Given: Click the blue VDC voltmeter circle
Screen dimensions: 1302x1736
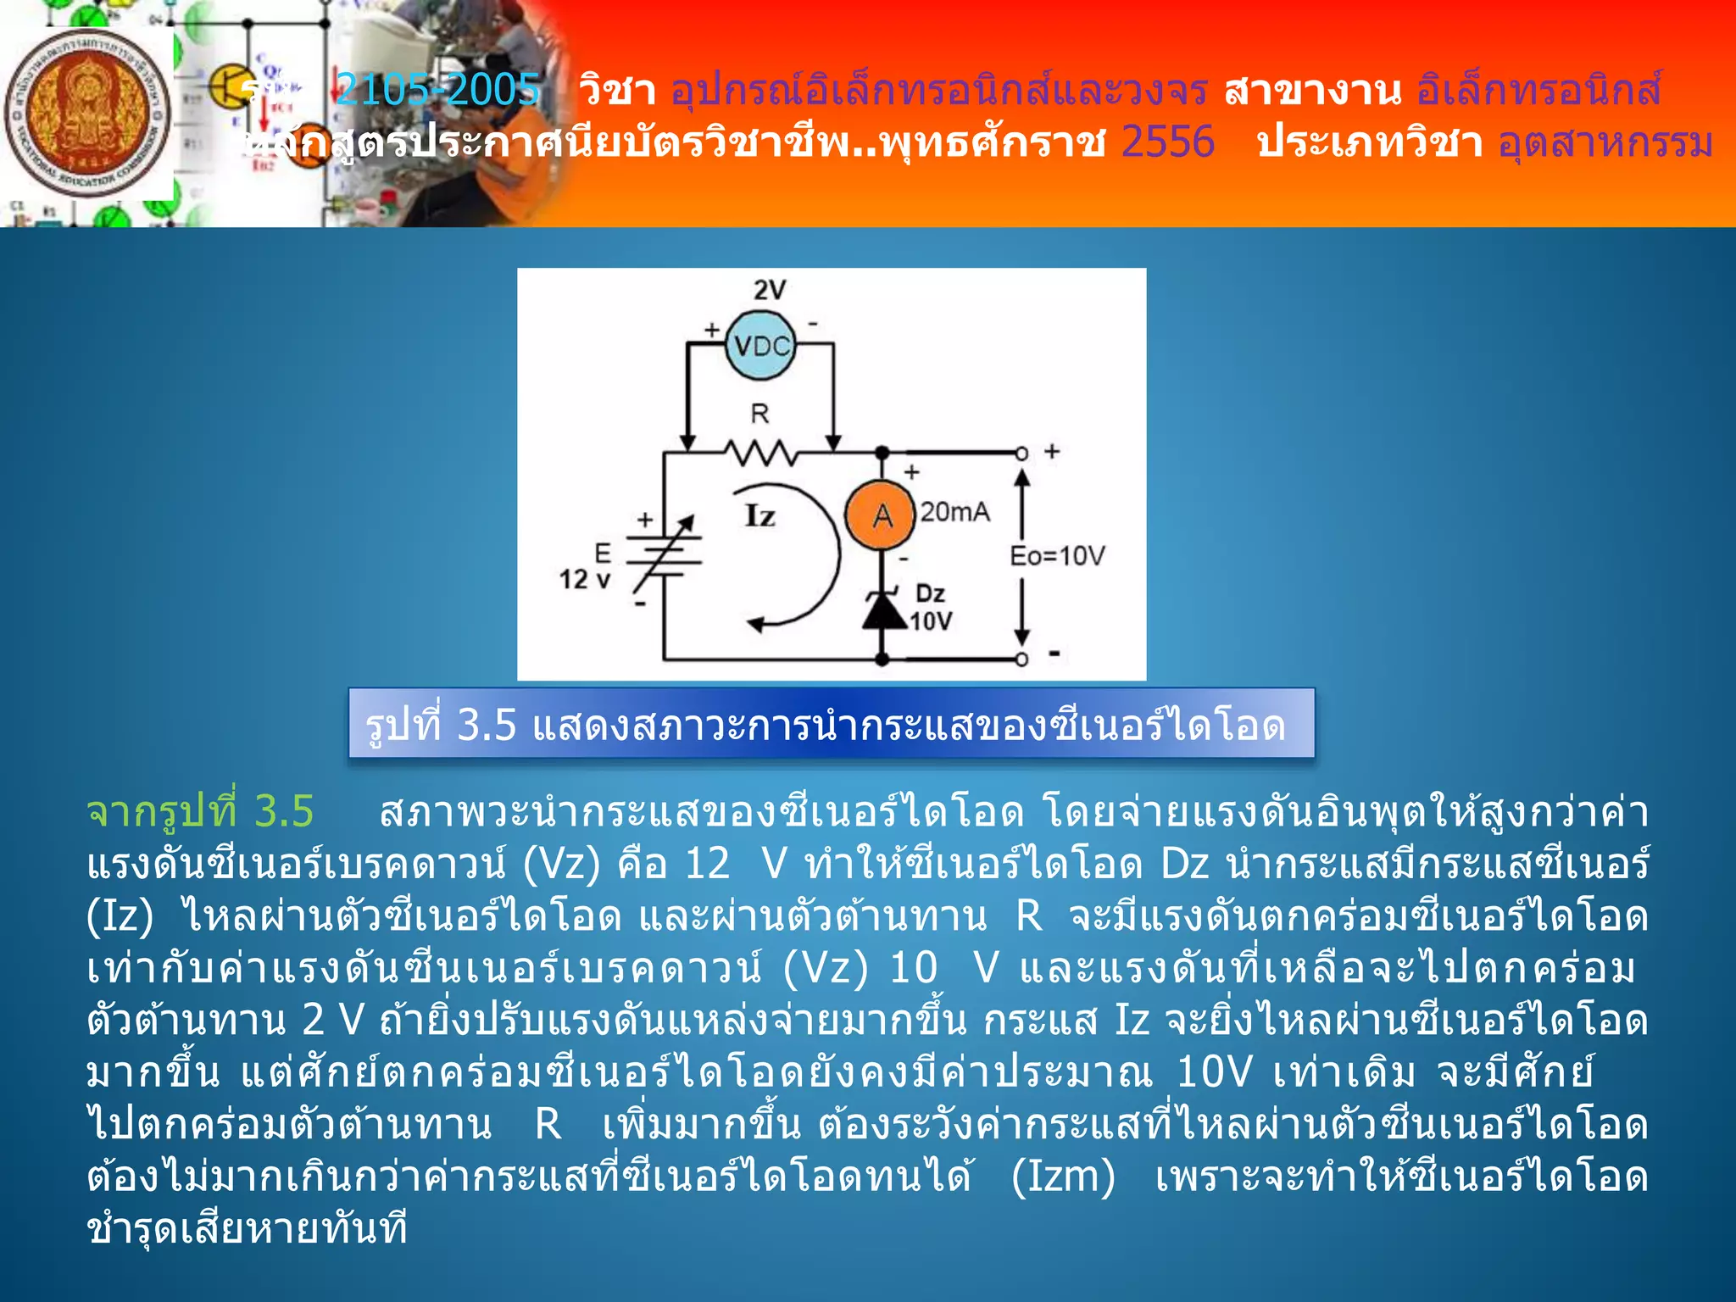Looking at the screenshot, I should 761,345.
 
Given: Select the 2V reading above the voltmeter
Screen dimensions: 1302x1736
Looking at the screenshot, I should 770,290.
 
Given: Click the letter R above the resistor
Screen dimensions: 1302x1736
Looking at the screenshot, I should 759,414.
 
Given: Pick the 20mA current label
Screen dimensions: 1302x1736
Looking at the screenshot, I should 955,511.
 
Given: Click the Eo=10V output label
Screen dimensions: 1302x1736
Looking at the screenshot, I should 1057,555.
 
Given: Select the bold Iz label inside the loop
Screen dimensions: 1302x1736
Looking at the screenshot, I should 759,515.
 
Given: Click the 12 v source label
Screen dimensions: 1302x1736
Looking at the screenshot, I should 584,580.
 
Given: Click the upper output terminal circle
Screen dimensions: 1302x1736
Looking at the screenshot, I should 1021,453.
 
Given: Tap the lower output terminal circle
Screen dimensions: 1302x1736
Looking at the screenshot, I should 1021,659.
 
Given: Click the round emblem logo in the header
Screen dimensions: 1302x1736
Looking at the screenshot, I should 87,113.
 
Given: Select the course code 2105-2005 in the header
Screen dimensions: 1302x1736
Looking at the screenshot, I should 437,90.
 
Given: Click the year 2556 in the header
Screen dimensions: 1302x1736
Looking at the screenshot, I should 1167,142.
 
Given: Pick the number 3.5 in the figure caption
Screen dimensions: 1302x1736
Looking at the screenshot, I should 487,726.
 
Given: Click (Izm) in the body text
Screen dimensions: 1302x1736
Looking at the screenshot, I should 1063,1177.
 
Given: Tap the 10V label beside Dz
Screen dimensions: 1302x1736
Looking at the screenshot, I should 931,621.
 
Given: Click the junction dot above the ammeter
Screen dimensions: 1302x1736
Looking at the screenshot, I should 882,453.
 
